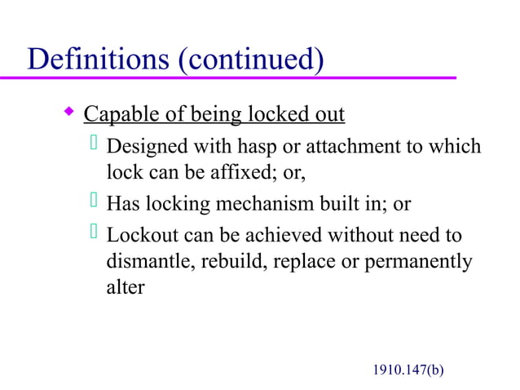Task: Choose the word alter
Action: (126, 287)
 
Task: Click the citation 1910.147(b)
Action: (408, 370)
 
